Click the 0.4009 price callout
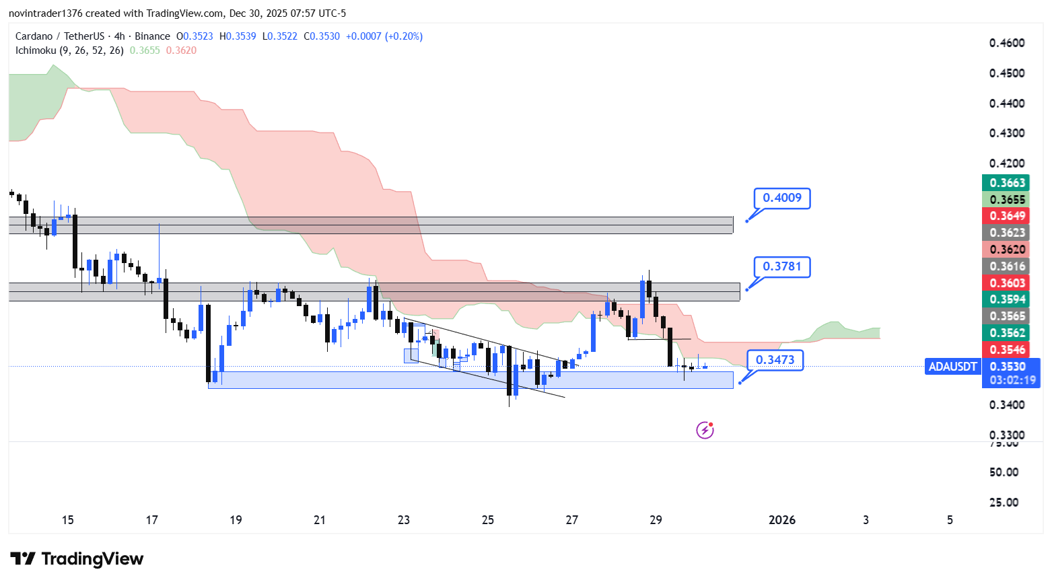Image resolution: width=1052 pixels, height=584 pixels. tap(781, 198)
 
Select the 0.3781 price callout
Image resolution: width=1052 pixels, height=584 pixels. tap(781, 267)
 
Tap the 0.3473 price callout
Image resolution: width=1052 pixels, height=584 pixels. tap(775, 360)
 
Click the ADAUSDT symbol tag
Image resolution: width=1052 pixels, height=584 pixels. tap(952, 367)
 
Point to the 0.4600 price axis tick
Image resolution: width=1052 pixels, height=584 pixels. tap(1007, 43)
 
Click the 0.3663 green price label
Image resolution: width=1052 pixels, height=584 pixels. tap(1007, 183)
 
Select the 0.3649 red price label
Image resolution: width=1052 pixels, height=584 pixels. tap(1007, 216)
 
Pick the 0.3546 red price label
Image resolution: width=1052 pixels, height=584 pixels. tap(1007, 350)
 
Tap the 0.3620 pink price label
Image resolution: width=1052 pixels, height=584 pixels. tap(1007, 250)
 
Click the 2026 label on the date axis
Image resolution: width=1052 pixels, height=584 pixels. tap(781, 520)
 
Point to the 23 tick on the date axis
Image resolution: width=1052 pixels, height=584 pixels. tap(404, 520)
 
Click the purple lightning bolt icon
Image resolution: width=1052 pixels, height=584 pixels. tap(705, 430)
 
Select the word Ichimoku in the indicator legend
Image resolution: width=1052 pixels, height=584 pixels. tap(36, 50)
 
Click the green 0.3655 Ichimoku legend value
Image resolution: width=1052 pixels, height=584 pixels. tap(145, 50)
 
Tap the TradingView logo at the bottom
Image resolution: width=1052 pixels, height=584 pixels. tap(77, 559)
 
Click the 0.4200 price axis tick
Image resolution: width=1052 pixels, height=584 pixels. tap(1007, 163)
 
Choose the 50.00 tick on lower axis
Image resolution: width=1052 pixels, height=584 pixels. tap(1004, 472)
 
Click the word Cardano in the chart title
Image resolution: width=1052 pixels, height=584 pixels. tap(34, 36)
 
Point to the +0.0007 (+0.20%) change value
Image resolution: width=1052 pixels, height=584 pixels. tap(384, 36)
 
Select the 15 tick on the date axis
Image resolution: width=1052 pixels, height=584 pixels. tap(67, 520)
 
